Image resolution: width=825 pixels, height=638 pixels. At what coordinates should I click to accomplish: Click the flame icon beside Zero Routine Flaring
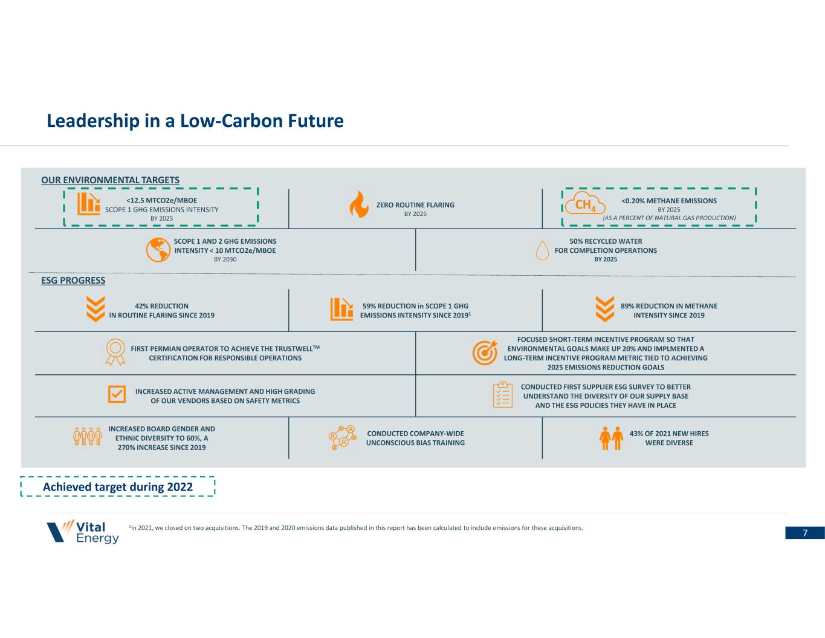(358, 205)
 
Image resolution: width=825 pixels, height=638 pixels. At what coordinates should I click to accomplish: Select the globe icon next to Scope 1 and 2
(158, 250)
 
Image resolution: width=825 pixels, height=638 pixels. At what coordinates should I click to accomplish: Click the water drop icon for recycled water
(543, 250)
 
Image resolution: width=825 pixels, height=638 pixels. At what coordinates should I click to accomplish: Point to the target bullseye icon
(485, 353)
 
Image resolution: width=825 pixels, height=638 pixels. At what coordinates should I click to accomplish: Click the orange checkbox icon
(117, 394)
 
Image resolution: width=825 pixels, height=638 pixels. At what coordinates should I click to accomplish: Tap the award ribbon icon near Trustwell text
(115, 352)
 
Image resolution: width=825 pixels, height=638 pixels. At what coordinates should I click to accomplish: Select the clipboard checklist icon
(502, 395)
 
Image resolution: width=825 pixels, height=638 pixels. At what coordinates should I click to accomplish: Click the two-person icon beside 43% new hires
(611, 438)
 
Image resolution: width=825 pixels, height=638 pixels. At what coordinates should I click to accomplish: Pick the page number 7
(805, 533)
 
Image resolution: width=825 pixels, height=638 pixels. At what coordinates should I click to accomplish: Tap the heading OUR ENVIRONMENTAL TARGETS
(110, 180)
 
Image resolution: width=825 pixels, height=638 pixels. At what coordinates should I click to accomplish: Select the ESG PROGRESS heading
(73, 281)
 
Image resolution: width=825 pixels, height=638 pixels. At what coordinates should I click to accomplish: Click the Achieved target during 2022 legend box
(118, 487)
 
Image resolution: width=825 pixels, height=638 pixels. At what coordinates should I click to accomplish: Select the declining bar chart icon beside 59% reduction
(341, 309)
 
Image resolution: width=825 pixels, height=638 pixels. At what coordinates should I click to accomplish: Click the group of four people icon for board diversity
(87, 437)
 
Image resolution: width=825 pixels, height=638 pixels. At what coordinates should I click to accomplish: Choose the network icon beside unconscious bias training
(341, 438)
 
